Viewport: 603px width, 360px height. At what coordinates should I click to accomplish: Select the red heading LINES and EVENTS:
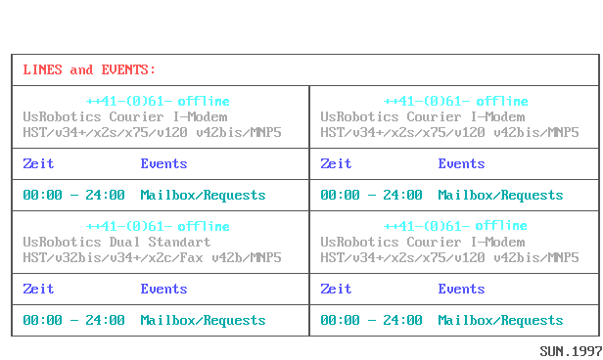89,69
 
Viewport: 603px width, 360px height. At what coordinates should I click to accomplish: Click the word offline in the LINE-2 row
502,101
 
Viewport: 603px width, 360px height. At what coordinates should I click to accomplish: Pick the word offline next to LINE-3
205,226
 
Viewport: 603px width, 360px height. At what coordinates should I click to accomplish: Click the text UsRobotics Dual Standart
116,242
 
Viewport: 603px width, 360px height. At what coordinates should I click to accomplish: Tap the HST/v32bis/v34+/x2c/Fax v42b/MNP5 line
152,257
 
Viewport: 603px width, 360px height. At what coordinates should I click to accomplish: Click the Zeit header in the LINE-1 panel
38,163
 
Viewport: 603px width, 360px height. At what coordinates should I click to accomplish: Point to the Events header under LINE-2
461,163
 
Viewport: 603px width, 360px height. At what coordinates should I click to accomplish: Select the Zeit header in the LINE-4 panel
336,289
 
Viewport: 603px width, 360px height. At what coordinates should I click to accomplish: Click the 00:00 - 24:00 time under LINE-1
73,195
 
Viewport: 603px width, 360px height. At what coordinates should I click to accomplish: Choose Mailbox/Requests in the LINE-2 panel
500,195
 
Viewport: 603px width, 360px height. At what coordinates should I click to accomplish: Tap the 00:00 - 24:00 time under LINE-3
73,320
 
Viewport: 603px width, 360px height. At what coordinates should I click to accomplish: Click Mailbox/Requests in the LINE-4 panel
500,320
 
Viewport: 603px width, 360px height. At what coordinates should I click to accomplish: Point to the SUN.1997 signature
570,349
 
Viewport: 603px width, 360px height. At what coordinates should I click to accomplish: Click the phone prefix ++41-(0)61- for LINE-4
426,226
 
